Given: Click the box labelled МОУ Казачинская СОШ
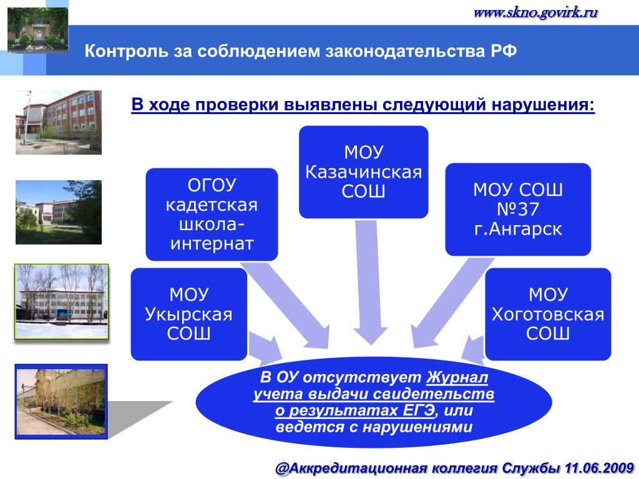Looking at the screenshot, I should [x=364, y=172].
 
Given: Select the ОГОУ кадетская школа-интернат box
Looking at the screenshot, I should [x=212, y=214].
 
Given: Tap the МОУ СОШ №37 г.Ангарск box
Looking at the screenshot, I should [x=518, y=209].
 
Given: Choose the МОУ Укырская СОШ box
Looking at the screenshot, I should [x=188, y=314].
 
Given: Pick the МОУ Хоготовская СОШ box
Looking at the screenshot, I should [x=548, y=314].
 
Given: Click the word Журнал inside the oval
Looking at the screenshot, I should [x=458, y=378].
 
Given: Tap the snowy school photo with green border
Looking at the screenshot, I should [x=61, y=301].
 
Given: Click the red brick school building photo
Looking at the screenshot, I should [x=58, y=122].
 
